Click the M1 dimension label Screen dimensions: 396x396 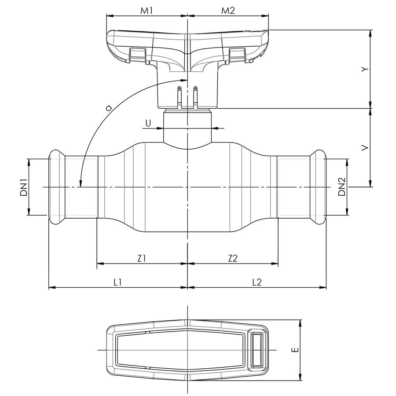click(x=147, y=11)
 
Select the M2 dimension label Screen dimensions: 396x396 click(x=228, y=11)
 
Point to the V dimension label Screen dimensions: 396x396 click(x=363, y=149)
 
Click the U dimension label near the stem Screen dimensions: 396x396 click(x=148, y=124)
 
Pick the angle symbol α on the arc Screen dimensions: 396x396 click(x=109, y=107)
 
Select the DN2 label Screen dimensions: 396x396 click(x=342, y=187)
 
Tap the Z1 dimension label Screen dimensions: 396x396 click(x=141, y=259)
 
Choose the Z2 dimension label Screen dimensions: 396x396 click(x=233, y=259)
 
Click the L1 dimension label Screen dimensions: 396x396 click(x=117, y=282)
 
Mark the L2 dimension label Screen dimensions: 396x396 click(x=257, y=282)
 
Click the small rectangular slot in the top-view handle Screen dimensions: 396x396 click(x=257, y=350)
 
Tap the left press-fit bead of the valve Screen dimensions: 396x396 click(x=56, y=187)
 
